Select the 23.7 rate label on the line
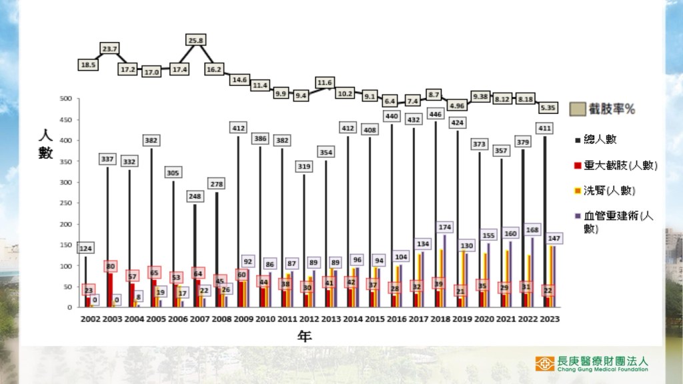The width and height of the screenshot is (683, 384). (x=110, y=49)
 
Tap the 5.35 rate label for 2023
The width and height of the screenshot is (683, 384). (x=548, y=107)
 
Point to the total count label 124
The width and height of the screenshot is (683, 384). (x=86, y=249)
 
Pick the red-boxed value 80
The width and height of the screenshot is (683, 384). (x=110, y=267)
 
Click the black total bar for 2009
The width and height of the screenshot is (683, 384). (x=239, y=220)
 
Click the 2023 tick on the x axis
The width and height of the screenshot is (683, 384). (x=549, y=319)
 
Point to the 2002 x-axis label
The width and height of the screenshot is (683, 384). (x=89, y=319)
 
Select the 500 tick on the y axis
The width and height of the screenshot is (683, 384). (x=65, y=99)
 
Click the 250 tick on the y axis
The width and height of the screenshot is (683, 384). (x=65, y=203)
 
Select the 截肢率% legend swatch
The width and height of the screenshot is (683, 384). (x=577, y=109)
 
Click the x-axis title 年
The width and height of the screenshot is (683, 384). (x=304, y=337)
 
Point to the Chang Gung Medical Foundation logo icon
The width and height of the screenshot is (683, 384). (x=544, y=363)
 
